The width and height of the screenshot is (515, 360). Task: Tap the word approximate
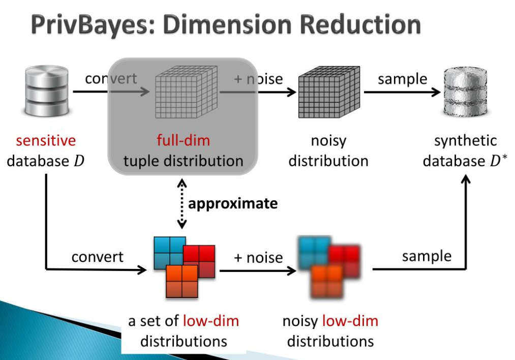pos(233,204)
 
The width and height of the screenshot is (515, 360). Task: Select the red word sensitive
pos(46,141)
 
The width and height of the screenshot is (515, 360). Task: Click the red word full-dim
pos(183,141)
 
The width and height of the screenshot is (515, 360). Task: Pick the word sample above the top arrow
pos(402,79)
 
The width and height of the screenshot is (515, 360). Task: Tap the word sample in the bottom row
pos(427,256)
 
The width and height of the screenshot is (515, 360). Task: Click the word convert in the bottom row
pos(97,257)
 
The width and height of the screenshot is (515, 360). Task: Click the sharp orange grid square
pos(181,281)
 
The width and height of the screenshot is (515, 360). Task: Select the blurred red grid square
pos(346,259)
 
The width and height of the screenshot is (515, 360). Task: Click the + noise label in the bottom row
pos(258,258)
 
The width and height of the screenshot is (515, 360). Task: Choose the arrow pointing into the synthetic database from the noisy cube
pos(402,93)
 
